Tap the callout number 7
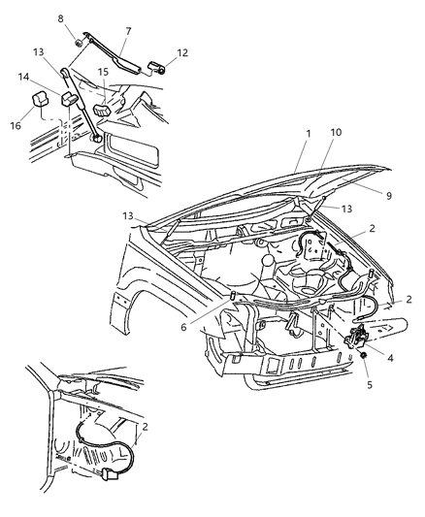pos(126,32)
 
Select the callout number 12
pos(182,52)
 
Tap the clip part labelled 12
pos(160,67)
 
